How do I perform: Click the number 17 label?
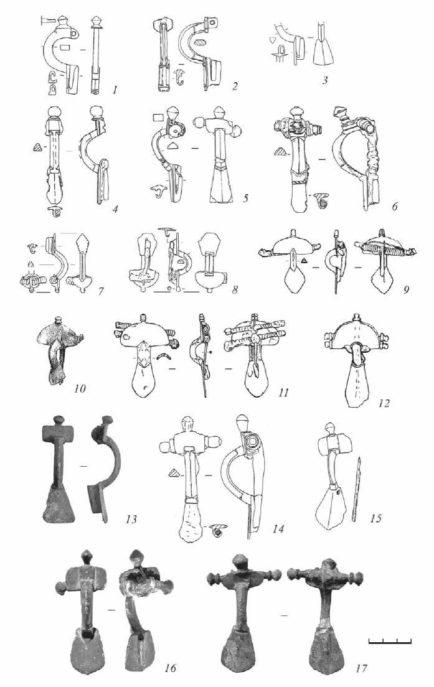362,669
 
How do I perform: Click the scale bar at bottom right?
390,640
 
